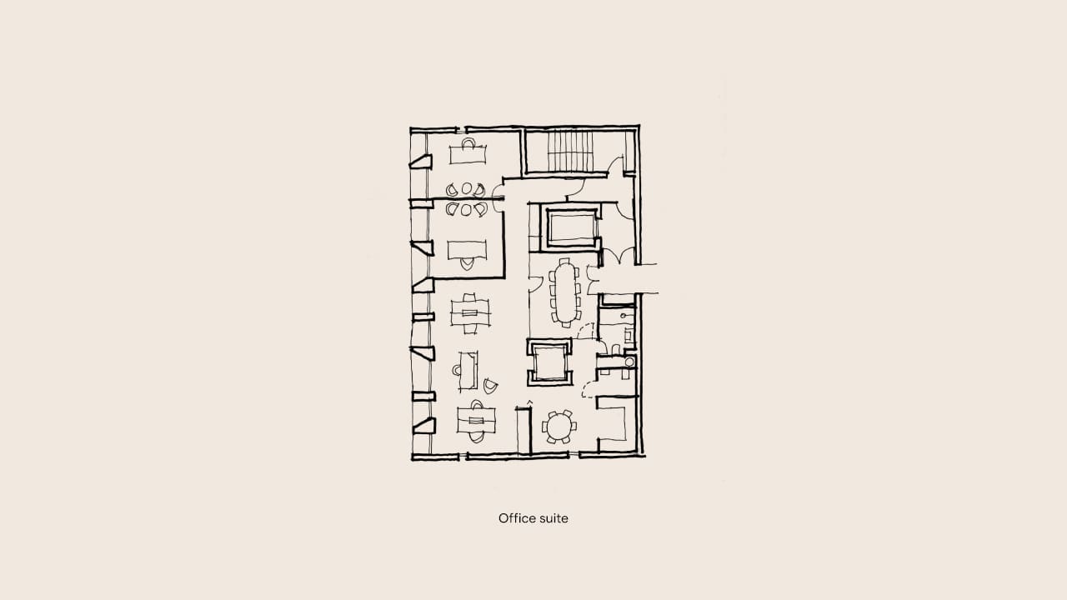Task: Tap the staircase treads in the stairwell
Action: pyautogui.click(x=570, y=151)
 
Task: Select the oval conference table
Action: pyautogui.click(x=565, y=292)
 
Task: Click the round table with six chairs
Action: pyautogui.click(x=559, y=426)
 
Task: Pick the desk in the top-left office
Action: pyautogui.click(x=468, y=154)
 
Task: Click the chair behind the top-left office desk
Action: pyautogui.click(x=468, y=142)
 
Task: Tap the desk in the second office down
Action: pyautogui.click(x=467, y=250)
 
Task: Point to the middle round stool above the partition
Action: pyautogui.click(x=466, y=188)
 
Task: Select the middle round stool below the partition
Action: pyautogui.click(x=466, y=209)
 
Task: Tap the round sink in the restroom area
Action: pyautogui.click(x=629, y=362)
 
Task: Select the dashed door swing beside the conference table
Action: pyautogui.click(x=586, y=331)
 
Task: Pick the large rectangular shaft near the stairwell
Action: pyautogui.click(x=571, y=227)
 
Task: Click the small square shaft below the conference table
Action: pyautogui.click(x=549, y=362)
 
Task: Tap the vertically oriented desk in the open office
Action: pyautogui.click(x=468, y=371)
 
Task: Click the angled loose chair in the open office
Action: pyautogui.click(x=490, y=386)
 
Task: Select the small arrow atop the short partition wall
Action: pyautogui.click(x=529, y=403)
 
